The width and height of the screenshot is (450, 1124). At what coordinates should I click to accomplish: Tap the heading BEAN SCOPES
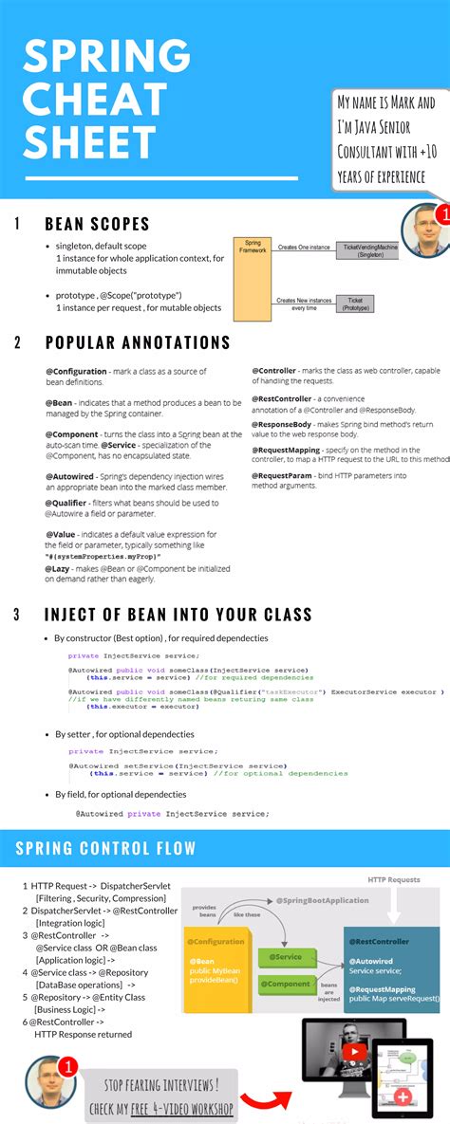(x=97, y=225)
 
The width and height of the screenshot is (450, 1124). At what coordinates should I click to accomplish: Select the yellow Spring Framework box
(x=253, y=278)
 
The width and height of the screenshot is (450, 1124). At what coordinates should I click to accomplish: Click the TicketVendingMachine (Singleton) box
(x=368, y=250)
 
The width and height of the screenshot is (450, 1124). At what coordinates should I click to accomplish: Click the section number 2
(x=17, y=342)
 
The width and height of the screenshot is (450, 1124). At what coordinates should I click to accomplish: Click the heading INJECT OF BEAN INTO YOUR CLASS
(x=178, y=615)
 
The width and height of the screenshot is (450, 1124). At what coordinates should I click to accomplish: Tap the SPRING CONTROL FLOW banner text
(x=105, y=848)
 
